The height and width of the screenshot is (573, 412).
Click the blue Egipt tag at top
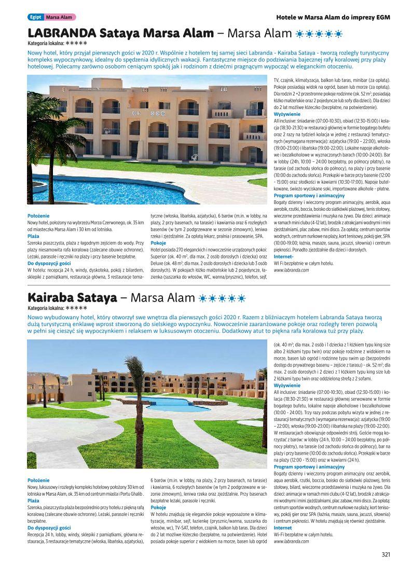(x=35, y=17)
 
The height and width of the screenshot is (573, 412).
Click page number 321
(x=385, y=554)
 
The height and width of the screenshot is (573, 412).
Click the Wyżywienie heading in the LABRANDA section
(x=286, y=114)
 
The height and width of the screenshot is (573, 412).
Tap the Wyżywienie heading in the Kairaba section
(x=286, y=386)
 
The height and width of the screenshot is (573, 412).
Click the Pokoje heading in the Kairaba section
(x=158, y=507)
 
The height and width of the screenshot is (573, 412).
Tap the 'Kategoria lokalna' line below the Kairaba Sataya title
(x=57, y=308)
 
